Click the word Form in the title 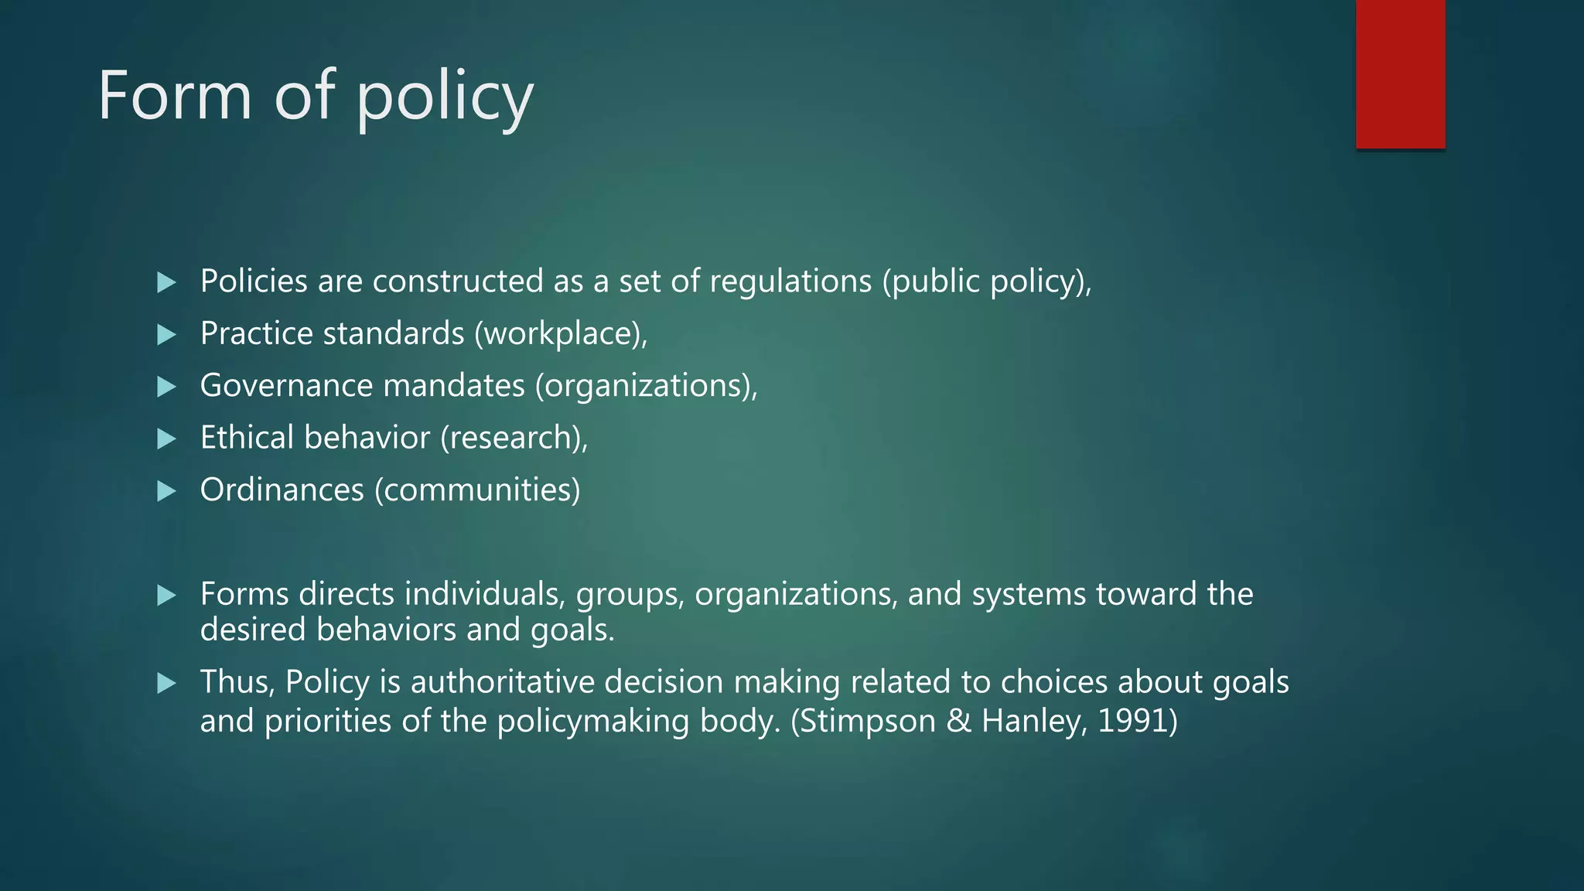pyautogui.click(x=175, y=95)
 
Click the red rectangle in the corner pyautogui.click(x=1400, y=73)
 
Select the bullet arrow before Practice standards pyautogui.click(x=166, y=335)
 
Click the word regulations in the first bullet pyautogui.click(x=790, y=282)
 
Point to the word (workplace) pyautogui.click(x=561, y=334)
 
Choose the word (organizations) pyautogui.click(x=646, y=386)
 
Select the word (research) pyautogui.click(x=514, y=438)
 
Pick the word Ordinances pyautogui.click(x=282, y=490)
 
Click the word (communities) pyautogui.click(x=477, y=490)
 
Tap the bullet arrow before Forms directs pyautogui.click(x=166, y=596)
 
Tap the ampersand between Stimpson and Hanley pyautogui.click(x=958, y=721)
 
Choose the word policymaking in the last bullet pyautogui.click(x=592, y=721)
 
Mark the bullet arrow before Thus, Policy pyautogui.click(x=166, y=684)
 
